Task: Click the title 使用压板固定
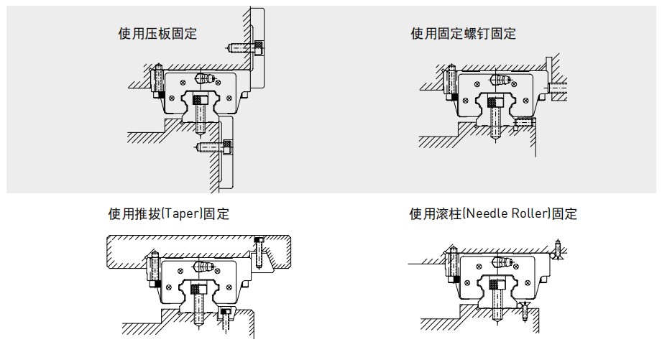click(x=157, y=33)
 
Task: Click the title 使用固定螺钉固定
click(x=463, y=33)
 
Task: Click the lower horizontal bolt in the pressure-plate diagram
click(x=216, y=147)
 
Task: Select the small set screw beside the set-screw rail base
click(x=525, y=123)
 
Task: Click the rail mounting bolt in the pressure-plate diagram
click(x=201, y=115)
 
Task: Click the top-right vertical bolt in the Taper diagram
click(x=258, y=251)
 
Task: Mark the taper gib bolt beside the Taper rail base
click(x=227, y=313)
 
